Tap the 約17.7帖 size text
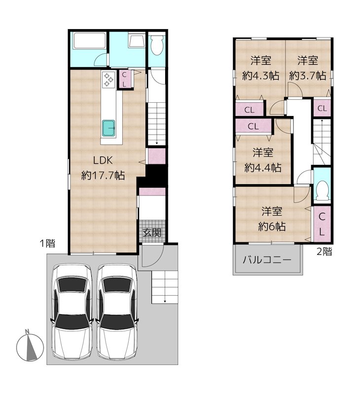pyautogui.click(x=103, y=175)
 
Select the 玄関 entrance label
pyautogui.click(x=151, y=233)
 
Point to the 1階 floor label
pyautogui.click(x=47, y=243)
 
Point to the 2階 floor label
pyautogui.click(x=324, y=251)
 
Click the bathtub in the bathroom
pyautogui.click(x=89, y=42)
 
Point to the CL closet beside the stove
pyautogui.click(x=124, y=79)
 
